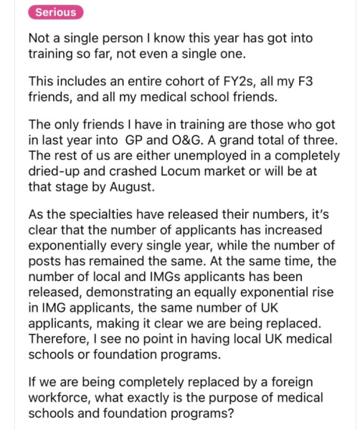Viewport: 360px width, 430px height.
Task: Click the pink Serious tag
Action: (x=60, y=12)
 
